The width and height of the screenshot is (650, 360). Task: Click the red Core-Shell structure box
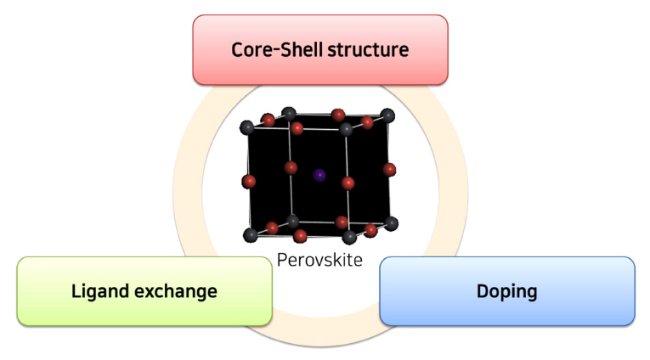pos(319,49)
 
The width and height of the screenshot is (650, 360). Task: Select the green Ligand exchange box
pos(144,291)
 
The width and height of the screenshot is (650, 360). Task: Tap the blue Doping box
pos(506,291)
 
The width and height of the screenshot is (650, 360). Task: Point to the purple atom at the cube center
pos(319,175)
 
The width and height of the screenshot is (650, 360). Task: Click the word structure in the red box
pos(368,49)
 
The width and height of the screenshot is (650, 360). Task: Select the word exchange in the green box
pos(173,291)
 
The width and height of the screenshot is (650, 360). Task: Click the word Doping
pos(506,291)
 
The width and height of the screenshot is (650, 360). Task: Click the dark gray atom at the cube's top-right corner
pos(388,115)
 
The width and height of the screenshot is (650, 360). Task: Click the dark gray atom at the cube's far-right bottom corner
pos(391,223)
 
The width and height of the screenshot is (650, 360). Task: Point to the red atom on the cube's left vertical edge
pos(249,181)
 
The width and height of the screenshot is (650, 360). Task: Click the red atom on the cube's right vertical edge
pos(389,169)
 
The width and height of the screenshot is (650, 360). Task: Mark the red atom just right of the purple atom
pos(348,183)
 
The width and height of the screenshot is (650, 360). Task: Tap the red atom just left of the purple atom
pos(291,166)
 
